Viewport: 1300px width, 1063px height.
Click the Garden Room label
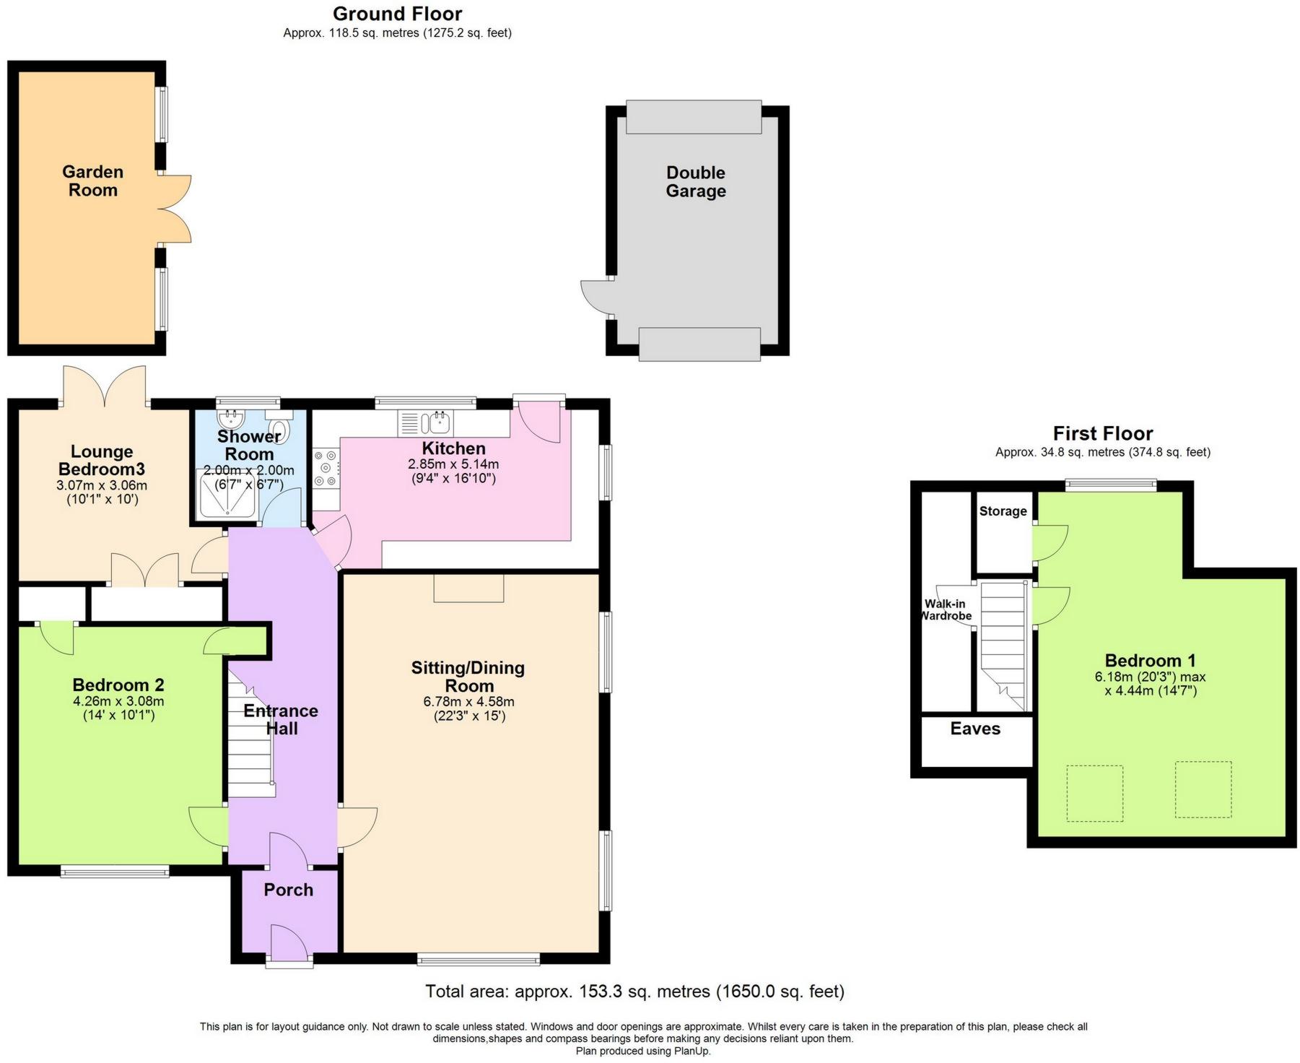coord(92,181)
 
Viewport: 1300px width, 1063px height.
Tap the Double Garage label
coord(696,182)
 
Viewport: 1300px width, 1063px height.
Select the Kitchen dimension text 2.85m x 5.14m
coord(453,464)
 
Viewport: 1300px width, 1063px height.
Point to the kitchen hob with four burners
coord(326,469)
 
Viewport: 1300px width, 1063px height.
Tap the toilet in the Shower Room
coord(279,427)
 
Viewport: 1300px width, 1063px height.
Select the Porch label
coord(288,890)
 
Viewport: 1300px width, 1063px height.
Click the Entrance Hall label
coord(281,719)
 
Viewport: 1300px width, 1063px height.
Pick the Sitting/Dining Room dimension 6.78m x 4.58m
coord(469,701)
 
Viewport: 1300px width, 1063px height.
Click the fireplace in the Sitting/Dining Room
coord(468,588)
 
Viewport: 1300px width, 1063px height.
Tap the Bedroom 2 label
coord(118,685)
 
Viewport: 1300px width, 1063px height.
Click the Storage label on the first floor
coord(1003,511)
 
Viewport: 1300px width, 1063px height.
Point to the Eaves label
coord(975,729)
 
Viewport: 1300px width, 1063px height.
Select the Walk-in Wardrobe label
coord(946,609)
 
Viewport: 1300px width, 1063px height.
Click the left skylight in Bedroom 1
coord(1095,794)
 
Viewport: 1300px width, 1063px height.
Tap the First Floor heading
coord(1103,433)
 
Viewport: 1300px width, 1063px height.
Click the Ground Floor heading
coord(398,14)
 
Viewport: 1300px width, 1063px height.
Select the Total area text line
coord(634,992)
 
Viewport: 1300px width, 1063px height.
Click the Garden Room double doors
coord(175,209)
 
